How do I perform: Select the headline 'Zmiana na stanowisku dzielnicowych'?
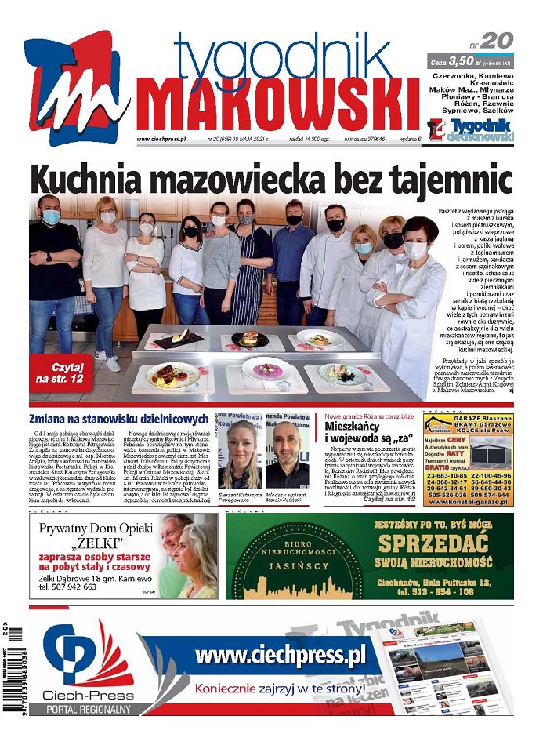118,419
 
